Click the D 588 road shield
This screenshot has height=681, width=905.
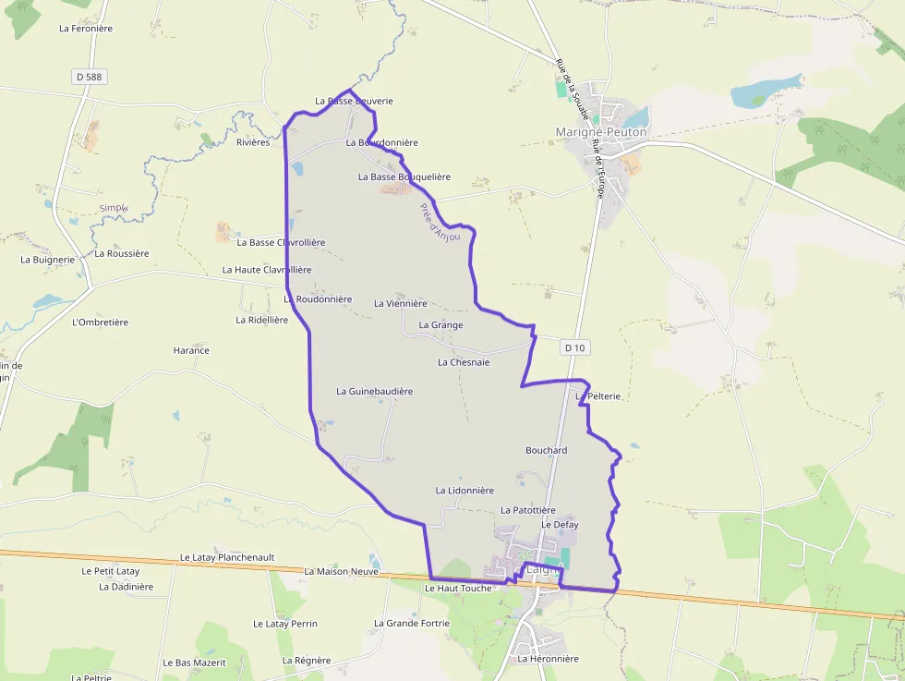point(88,77)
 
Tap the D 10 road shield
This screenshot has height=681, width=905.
point(574,347)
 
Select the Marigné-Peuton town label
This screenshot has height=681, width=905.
point(601,132)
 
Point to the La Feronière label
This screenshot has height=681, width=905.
point(85,29)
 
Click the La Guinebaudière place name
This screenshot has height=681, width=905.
point(374,391)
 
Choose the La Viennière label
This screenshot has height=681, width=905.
point(400,303)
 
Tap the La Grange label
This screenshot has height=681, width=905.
point(440,325)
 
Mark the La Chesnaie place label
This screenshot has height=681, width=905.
point(463,362)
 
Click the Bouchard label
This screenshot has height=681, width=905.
point(546,450)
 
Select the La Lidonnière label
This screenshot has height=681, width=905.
point(465,491)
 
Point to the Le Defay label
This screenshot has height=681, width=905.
point(560,525)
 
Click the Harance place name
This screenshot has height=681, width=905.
point(191,350)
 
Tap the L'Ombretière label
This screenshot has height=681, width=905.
point(100,322)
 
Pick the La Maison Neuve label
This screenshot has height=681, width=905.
point(341,571)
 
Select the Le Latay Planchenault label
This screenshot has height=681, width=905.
point(227,558)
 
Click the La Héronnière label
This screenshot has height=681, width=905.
point(548,659)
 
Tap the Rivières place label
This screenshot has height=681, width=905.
point(253,142)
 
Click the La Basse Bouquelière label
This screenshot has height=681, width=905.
point(404,176)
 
